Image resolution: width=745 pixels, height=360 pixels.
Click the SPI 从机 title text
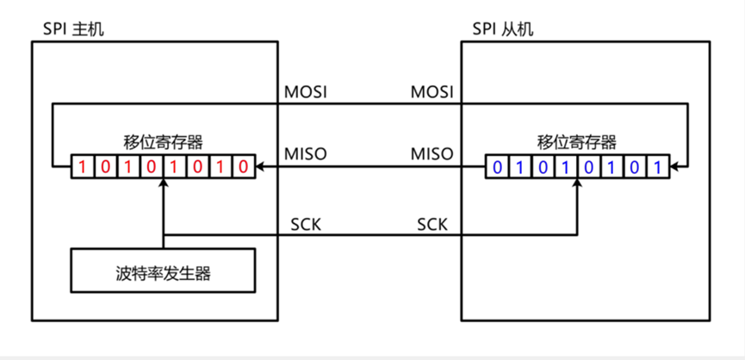(503, 29)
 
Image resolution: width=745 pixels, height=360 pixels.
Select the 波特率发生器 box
(163, 274)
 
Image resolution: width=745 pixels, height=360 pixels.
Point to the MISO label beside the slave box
(432, 154)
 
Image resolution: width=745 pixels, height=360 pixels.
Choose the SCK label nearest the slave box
(432, 224)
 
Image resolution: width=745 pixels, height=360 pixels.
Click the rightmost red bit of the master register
(245, 165)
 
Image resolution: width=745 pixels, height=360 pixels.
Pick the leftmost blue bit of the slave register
(495, 165)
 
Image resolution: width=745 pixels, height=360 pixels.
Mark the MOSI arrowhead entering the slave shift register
(673, 165)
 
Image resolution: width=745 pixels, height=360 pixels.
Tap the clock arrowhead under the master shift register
(163, 183)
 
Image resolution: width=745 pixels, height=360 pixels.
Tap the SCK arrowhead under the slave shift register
(576, 183)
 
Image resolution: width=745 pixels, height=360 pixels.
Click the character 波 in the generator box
(122, 274)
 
